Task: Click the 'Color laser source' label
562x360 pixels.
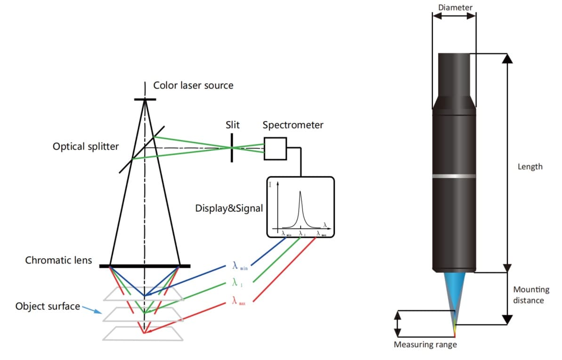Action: (x=193, y=86)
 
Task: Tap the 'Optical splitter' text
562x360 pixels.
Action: (x=86, y=147)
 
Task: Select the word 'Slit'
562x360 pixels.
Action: (x=232, y=125)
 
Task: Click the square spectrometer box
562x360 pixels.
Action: (x=275, y=148)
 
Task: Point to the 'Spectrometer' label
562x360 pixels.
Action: (x=293, y=125)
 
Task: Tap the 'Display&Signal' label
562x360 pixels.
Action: (x=229, y=208)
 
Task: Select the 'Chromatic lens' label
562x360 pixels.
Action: (x=58, y=260)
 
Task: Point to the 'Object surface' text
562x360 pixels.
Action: (x=48, y=306)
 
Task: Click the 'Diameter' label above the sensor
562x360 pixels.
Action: (x=455, y=7)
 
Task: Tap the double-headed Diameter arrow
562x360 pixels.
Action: (x=454, y=16)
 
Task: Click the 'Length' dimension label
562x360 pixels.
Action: (x=530, y=166)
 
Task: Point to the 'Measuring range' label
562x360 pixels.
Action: (x=425, y=344)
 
